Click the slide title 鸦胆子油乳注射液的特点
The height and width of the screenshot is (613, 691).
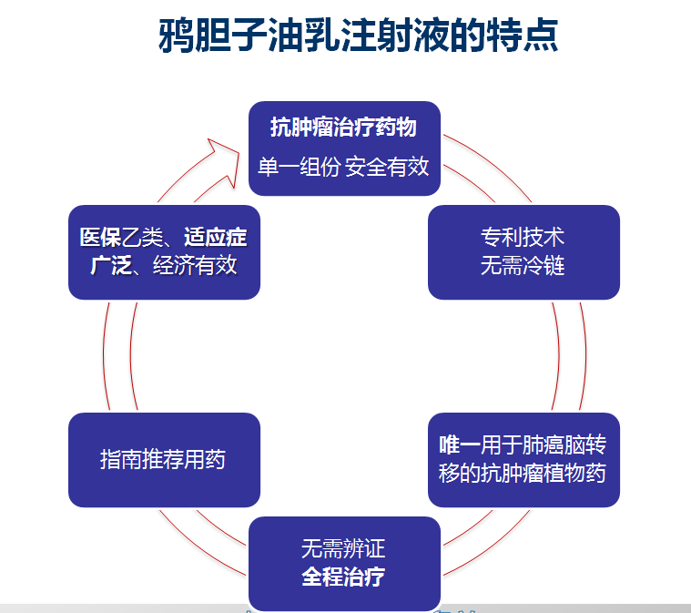(359, 36)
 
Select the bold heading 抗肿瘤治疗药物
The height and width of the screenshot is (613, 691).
(344, 127)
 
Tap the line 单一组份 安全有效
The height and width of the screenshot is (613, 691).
(343, 167)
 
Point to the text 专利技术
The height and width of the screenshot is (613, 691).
(523, 237)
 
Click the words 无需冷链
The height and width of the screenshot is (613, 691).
(523, 265)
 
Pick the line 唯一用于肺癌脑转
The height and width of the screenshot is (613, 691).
(523, 444)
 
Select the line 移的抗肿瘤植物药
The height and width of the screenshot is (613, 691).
(523, 474)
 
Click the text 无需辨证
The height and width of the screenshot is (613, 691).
(343, 548)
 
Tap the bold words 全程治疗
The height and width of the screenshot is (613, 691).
(343, 577)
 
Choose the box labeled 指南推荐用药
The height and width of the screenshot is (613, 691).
(164, 460)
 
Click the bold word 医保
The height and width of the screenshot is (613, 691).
(100, 237)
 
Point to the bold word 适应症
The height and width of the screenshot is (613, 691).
(216, 237)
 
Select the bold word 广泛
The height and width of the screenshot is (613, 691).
(111, 265)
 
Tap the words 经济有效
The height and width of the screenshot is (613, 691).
(195, 265)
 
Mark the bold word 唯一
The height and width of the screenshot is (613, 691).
(460, 444)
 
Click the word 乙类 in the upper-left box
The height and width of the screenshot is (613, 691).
(142, 237)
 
